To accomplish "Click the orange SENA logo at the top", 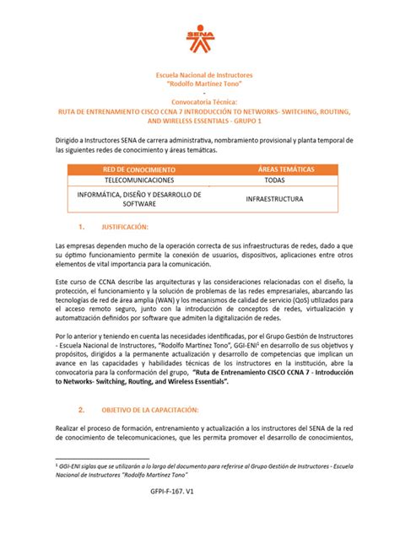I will tap(199, 31).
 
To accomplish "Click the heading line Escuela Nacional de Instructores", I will tap(200, 75).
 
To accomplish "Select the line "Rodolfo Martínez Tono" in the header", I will tap(200, 84).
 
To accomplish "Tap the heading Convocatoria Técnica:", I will tap(199, 102).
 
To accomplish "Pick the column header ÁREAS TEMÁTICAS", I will tap(273, 170).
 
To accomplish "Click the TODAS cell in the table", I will tap(273, 181).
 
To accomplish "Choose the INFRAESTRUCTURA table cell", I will tap(273, 200).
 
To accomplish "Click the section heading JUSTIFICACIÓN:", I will tap(125, 228).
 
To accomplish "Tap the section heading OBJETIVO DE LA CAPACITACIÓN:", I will tap(149, 410).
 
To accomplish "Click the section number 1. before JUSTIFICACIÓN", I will tap(82, 228).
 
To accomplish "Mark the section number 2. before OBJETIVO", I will tap(82, 410).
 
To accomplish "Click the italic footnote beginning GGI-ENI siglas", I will tap(194, 468).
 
